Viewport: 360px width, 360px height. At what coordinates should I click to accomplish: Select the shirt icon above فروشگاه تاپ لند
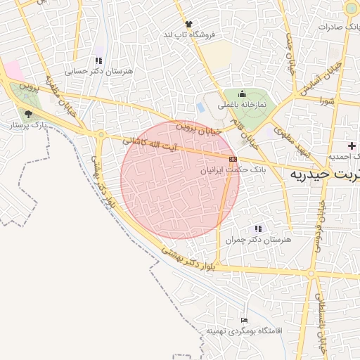tap(188, 24)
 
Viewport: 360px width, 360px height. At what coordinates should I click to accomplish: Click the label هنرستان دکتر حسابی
tap(89, 71)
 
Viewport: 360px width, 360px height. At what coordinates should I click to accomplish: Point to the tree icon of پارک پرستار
tap(28, 113)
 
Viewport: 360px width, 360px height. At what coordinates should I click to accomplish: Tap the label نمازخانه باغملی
tap(242, 105)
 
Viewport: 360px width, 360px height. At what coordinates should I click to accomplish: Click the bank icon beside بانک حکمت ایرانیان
tap(233, 160)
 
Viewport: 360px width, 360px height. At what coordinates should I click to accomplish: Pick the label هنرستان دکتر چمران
tap(258, 240)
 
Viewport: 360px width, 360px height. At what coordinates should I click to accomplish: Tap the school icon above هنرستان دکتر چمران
tap(258, 229)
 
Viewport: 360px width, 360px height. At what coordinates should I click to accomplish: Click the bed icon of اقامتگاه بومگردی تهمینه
tap(244, 320)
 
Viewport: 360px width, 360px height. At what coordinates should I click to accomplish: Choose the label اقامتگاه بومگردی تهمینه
tap(244, 330)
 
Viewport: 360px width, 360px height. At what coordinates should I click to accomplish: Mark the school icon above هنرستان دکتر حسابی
tap(98, 60)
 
